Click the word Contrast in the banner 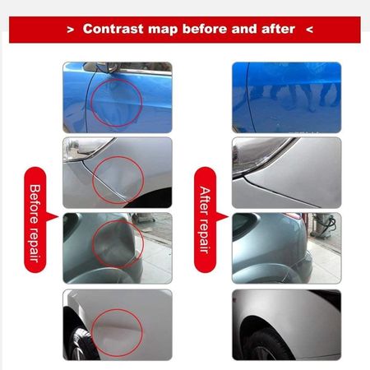pyautogui.click(x=113, y=29)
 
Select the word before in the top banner pyautogui.click(x=205, y=29)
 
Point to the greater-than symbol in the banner pyautogui.click(x=71, y=30)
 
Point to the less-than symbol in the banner pyautogui.click(x=309, y=30)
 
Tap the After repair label pyautogui.click(x=206, y=220)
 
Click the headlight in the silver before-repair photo pyautogui.click(x=85, y=150)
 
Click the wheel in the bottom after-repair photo pyautogui.click(x=265, y=347)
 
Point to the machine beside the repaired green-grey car pyautogui.click(x=325, y=224)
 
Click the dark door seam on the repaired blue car pyautogui.click(x=250, y=97)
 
